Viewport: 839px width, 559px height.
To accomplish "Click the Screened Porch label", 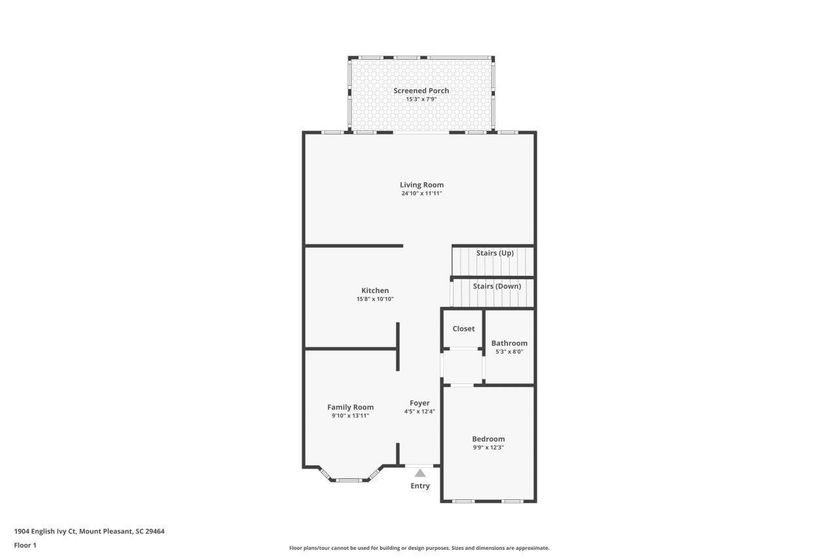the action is [421, 90].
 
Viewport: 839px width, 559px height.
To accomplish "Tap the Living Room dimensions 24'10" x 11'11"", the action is [421, 193].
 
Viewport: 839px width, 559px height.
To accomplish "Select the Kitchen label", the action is [375, 290].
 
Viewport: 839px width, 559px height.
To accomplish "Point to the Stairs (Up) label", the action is [495, 253].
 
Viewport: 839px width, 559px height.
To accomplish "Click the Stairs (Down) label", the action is [497, 286].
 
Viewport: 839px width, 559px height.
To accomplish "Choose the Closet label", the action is [463, 329].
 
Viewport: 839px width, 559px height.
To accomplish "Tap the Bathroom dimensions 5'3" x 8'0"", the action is [509, 352].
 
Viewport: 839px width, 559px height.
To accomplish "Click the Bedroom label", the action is [488, 439].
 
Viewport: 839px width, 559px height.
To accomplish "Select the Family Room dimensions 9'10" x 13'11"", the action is [350, 416].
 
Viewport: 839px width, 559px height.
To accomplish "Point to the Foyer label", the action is [419, 403].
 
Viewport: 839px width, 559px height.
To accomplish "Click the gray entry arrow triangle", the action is [420, 473].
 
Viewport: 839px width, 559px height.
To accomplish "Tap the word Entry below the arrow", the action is [420, 486].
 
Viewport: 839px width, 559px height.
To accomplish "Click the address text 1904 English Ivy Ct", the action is [45, 531].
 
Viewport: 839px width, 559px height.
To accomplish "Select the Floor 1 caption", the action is [25, 545].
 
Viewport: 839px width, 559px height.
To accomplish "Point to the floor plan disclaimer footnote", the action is [419, 548].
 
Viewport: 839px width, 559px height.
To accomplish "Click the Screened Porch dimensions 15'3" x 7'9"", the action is [421, 100].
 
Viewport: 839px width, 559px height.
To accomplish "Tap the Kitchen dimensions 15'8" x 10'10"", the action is [375, 299].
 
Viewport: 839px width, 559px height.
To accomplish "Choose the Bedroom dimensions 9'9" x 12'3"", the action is [488, 448].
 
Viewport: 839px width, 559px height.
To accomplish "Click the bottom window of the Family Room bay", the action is [349, 480].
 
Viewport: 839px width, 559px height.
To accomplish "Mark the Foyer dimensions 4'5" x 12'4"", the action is [419, 412].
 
